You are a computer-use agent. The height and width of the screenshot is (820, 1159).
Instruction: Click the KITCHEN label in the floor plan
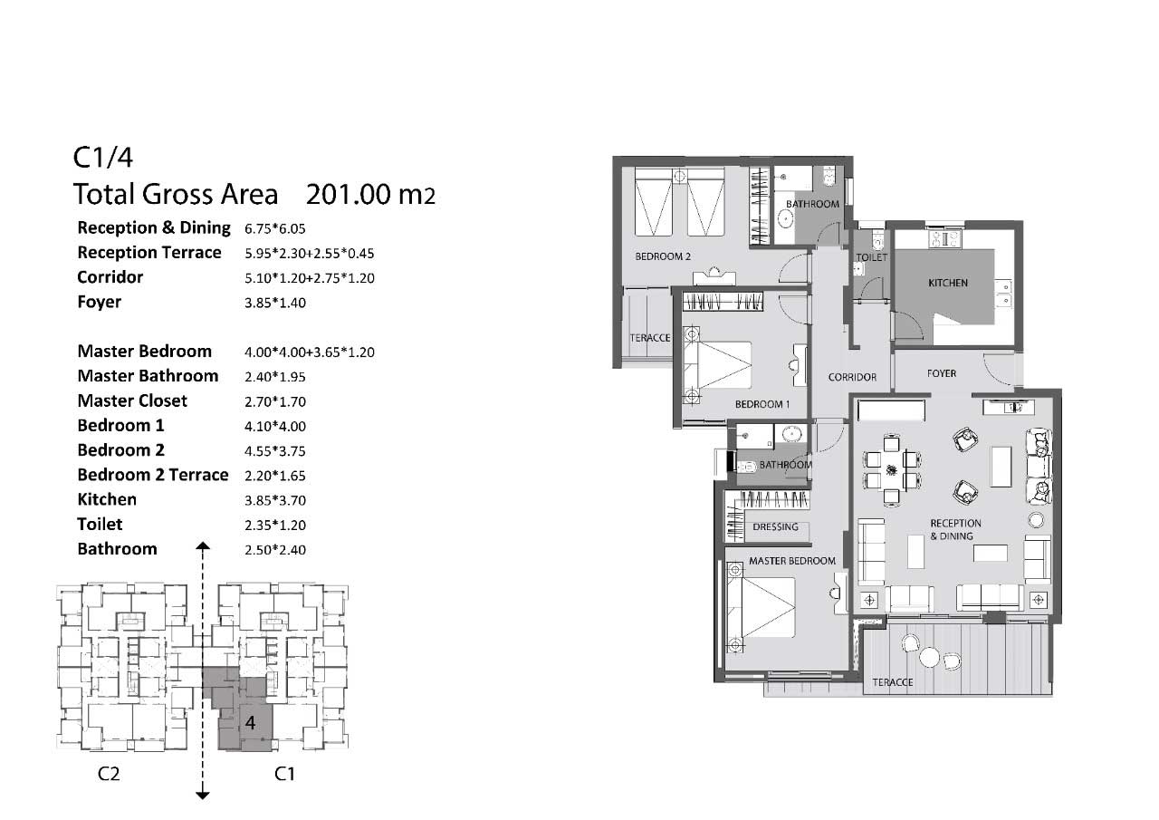tap(948, 284)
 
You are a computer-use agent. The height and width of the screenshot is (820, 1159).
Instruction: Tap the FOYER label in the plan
tap(942, 373)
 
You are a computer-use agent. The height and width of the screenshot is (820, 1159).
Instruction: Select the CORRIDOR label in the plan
tap(852, 378)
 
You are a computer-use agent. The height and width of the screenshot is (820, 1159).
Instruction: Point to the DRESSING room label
tap(775, 526)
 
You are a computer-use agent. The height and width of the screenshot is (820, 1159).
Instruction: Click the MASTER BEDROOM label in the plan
tap(792, 561)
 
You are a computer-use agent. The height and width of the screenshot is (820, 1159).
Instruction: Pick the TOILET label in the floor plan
tap(871, 257)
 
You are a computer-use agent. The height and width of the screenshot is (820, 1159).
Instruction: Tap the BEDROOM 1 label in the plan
tap(762, 404)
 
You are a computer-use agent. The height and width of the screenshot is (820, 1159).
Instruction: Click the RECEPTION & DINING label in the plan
tap(955, 529)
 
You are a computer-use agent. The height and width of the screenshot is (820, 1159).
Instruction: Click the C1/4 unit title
tap(103, 157)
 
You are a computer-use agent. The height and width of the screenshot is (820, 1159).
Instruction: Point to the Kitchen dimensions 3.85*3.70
tap(275, 500)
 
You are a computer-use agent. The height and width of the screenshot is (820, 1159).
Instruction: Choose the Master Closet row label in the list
tap(132, 400)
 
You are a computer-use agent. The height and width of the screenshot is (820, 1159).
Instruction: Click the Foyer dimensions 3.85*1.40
tap(275, 303)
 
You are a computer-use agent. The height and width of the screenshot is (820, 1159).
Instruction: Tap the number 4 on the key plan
tap(251, 723)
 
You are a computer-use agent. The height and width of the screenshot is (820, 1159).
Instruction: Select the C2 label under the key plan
tap(109, 774)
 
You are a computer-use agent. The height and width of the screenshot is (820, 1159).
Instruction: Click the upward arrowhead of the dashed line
tap(203, 545)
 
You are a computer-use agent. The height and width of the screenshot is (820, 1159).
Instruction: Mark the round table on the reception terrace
tap(929, 657)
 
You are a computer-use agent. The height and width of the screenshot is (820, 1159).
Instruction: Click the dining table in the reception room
tap(892, 470)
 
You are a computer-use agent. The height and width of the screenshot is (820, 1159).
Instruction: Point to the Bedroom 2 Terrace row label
tap(153, 475)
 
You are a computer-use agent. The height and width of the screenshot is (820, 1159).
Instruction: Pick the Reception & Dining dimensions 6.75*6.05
tap(275, 228)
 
